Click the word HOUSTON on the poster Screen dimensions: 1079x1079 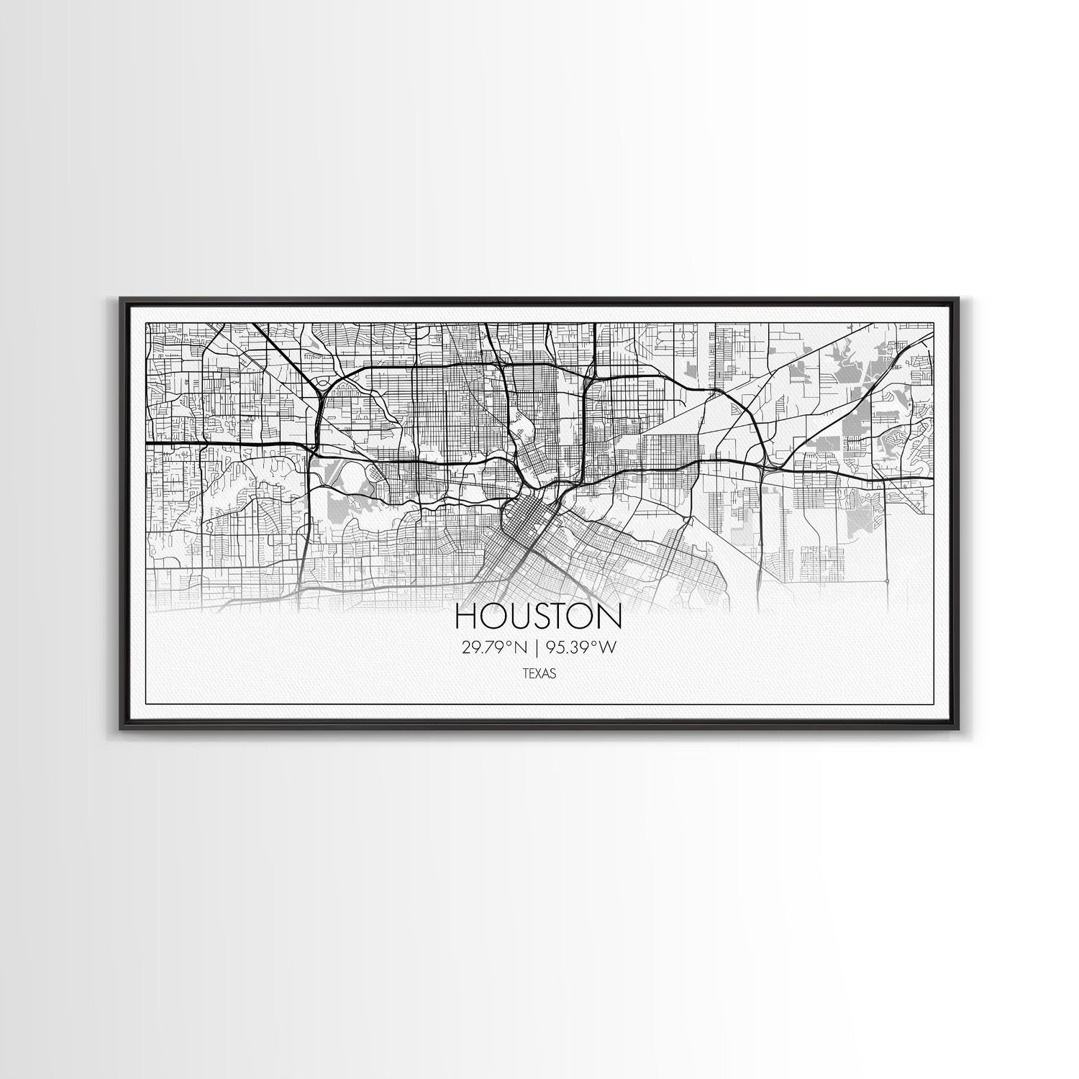point(539,618)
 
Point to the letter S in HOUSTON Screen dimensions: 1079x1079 point(539,618)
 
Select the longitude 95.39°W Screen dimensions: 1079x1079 point(581,648)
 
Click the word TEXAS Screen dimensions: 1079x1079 point(539,675)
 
